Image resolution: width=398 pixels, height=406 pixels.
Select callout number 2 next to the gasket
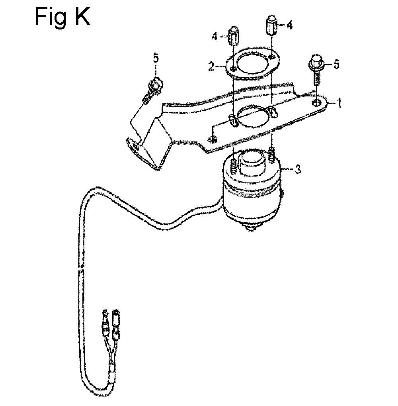click(211, 67)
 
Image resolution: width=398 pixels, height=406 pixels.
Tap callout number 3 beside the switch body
click(298, 170)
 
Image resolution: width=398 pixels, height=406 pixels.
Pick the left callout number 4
click(215, 37)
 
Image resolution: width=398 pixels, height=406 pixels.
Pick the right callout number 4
click(289, 25)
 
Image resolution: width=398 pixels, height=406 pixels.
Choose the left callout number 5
click(156, 59)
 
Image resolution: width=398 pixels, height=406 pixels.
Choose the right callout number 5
click(336, 64)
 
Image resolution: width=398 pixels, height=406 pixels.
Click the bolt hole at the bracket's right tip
click(316, 102)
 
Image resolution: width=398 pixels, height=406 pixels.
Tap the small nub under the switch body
click(250, 229)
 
